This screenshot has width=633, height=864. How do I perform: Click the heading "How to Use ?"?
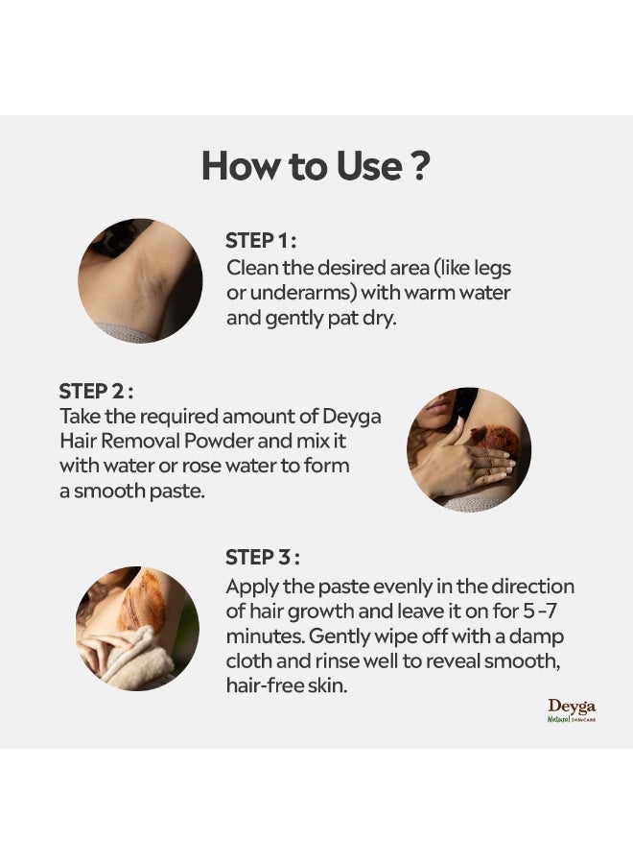click(315, 166)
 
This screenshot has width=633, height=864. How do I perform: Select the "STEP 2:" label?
click(96, 392)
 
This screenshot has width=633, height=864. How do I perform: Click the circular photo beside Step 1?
click(140, 280)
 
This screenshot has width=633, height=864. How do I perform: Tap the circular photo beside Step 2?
click(469, 449)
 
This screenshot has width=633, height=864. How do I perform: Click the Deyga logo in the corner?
click(572, 710)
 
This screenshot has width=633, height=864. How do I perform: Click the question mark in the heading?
click(419, 166)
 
